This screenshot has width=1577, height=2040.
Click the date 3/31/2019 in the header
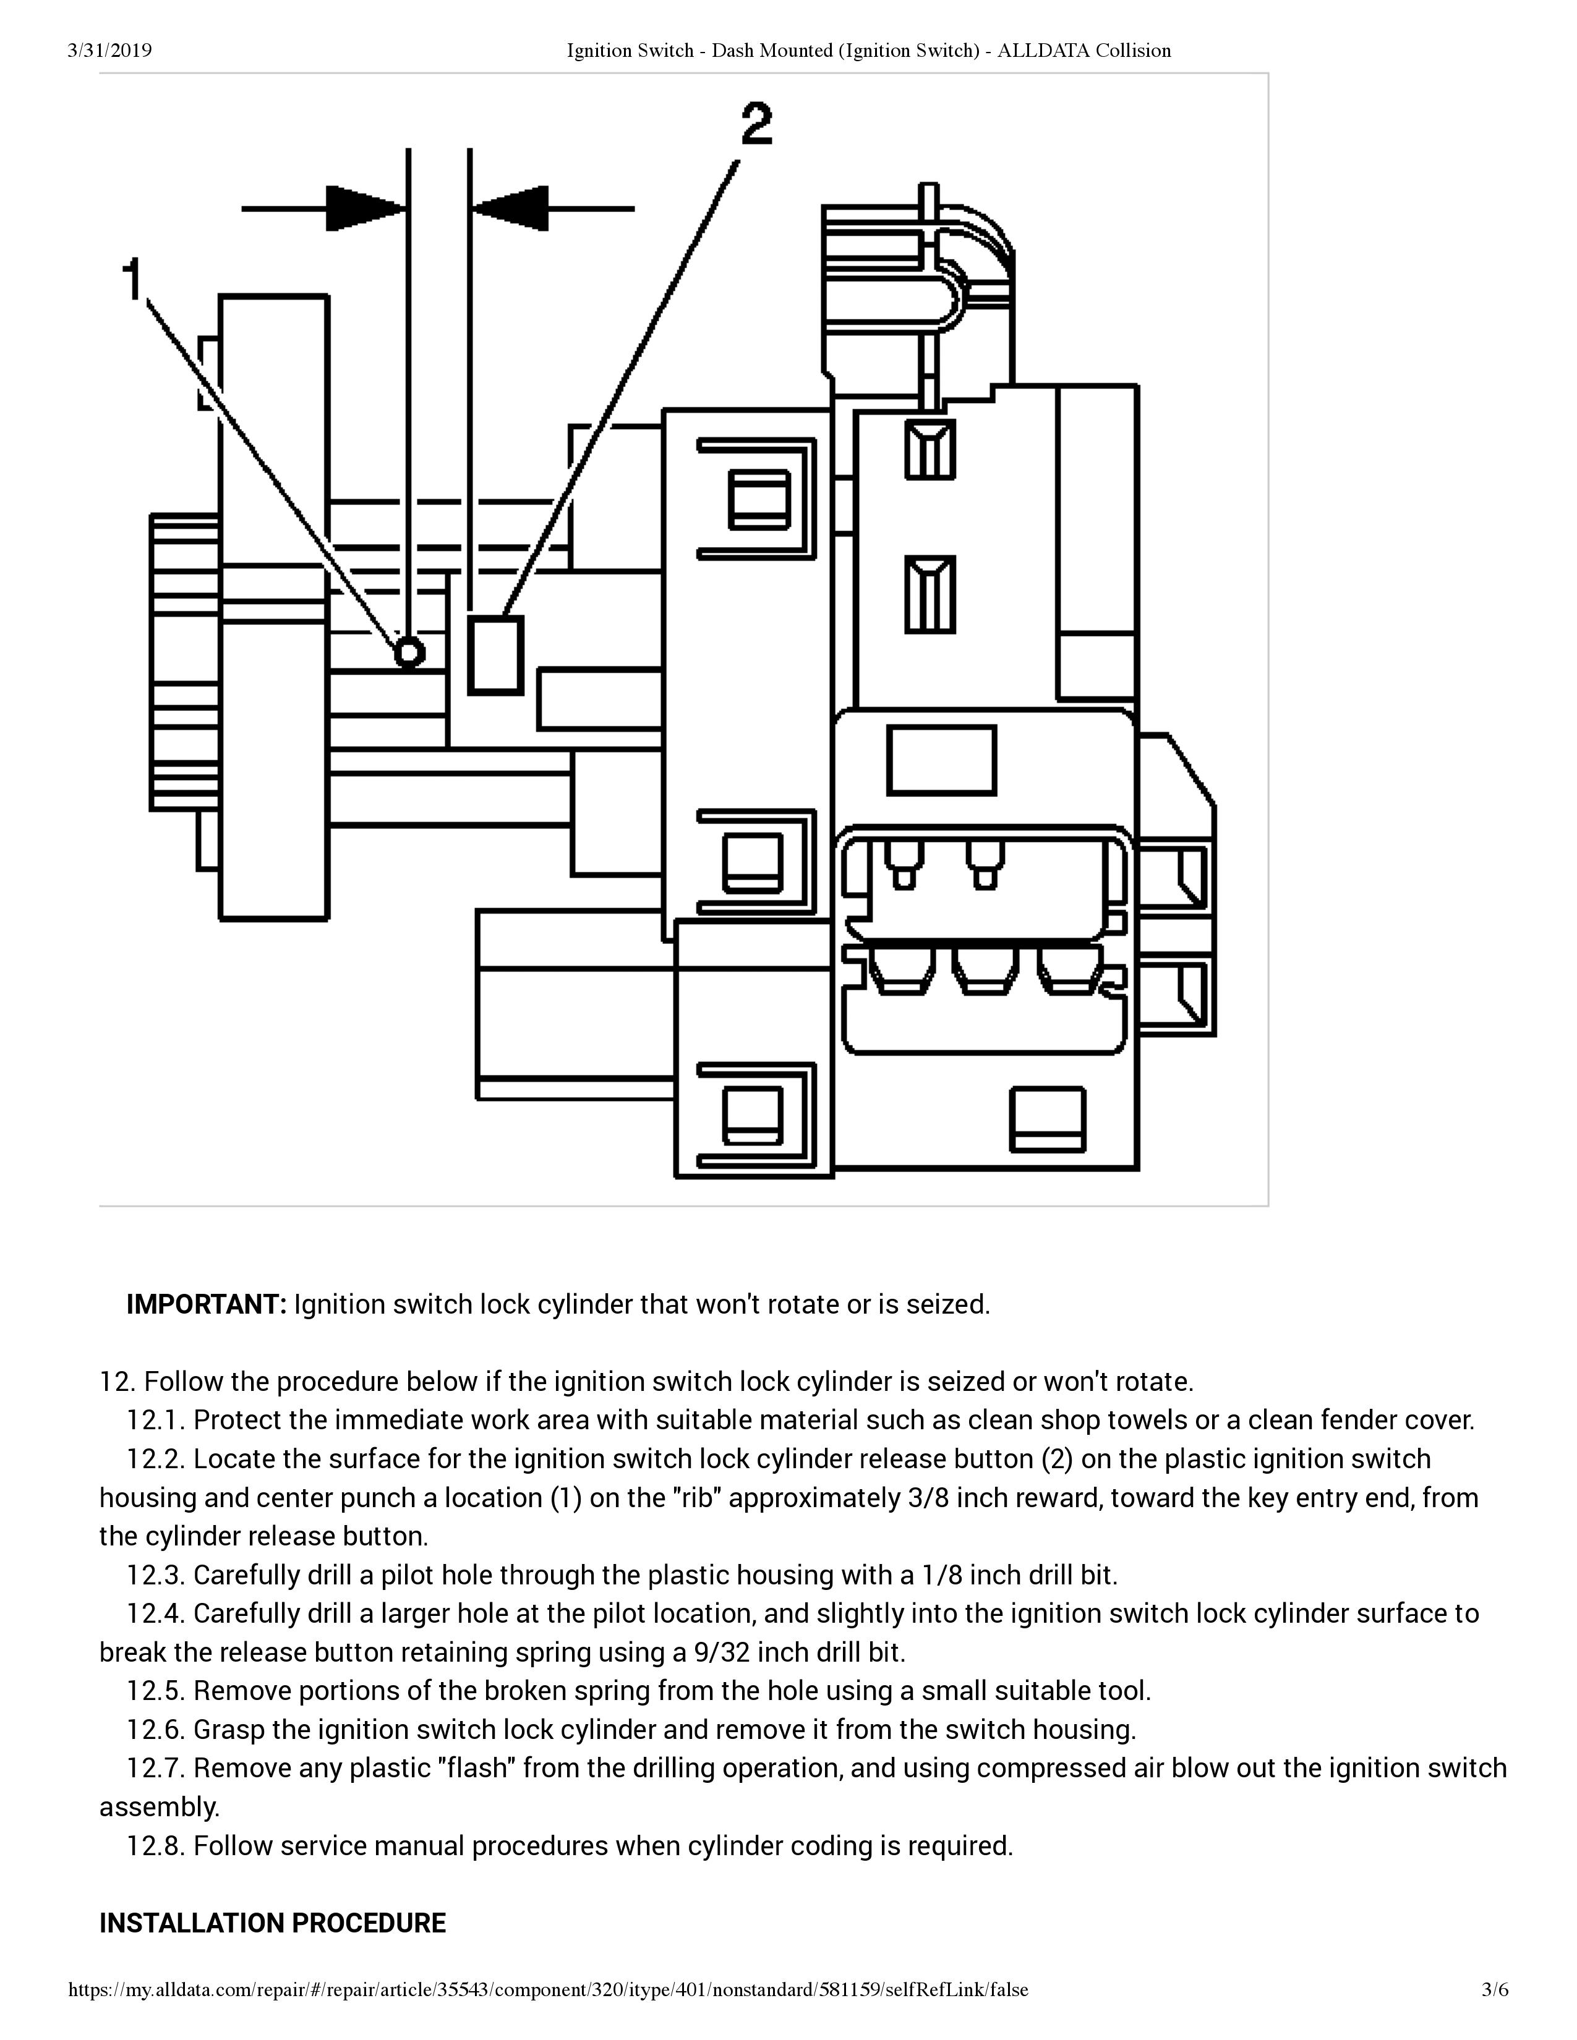click(x=110, y=51)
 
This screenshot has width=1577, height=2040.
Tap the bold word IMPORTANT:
click(x=207, y=1304)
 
